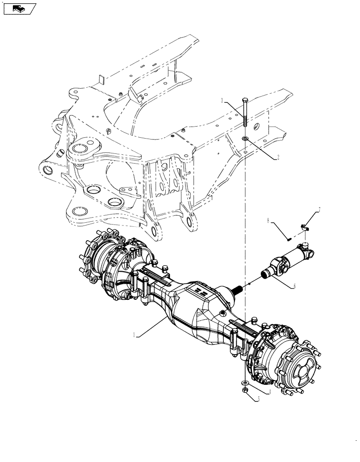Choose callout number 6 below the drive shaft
tap(295, 286)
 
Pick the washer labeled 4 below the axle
tap(243, 383)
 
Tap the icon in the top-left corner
tap(19, 8)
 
